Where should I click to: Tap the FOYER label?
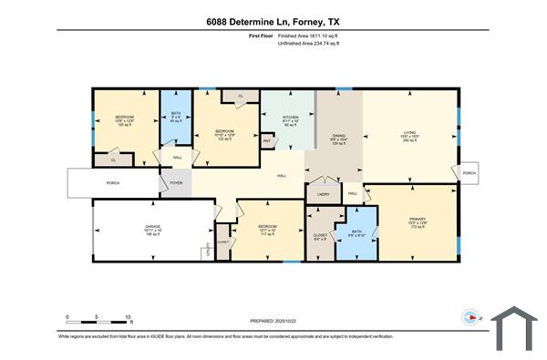177,182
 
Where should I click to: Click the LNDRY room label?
323,193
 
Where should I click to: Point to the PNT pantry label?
267,141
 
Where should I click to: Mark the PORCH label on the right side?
469,172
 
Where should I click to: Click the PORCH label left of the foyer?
113,182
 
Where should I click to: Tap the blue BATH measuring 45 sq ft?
176,117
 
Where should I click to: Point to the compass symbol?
470,318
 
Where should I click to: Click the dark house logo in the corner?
516,327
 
